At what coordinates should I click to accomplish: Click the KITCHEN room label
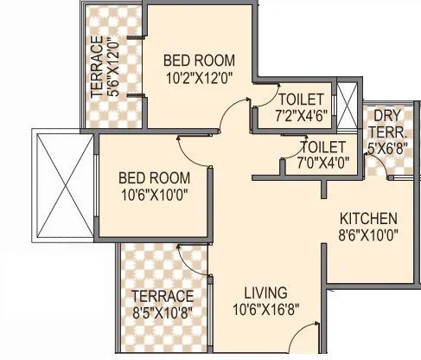click(368, 218)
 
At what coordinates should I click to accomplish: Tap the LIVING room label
click(265, 292)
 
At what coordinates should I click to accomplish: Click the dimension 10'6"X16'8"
click(265, 309)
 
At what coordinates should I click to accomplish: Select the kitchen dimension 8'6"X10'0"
click(368, 235)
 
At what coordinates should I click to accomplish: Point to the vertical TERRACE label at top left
click(97, 68)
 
